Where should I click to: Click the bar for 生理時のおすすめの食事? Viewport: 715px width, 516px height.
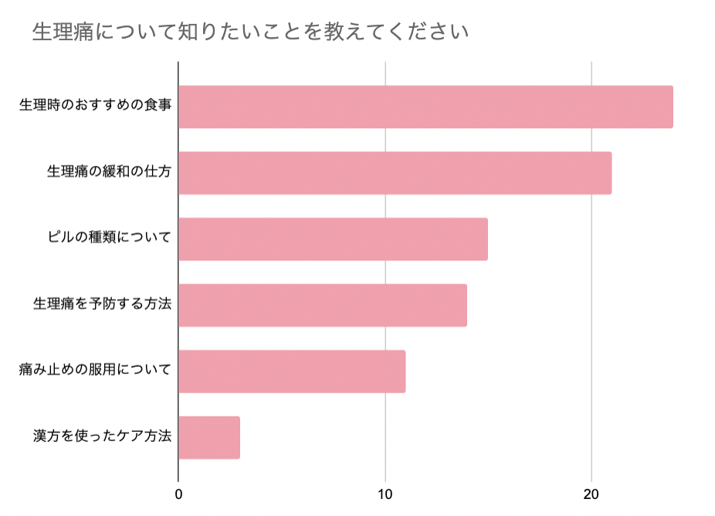click(x=425, y=107)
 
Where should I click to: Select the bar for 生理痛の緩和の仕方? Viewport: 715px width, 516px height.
click(x=395, y=173)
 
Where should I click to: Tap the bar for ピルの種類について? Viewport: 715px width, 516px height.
click(x=333, y=239)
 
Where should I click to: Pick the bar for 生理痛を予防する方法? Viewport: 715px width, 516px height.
click(x=323, y=305)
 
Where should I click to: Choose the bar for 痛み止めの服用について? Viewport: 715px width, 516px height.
click(x=292, y=372)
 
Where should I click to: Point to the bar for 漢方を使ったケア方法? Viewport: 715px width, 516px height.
click(x=209, y=438)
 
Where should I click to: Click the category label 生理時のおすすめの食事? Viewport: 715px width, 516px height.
click(x=95, y=106)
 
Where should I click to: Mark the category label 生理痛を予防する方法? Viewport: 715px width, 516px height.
click(x=102, y=304)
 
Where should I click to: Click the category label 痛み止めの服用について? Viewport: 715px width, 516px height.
click(x=95, y=371)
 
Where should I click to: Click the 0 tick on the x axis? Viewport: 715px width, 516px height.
click(x=178, y=494)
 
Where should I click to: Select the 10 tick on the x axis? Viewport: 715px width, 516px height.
click(x=385, y=494)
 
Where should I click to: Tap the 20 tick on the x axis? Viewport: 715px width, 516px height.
click(x=591, y=494)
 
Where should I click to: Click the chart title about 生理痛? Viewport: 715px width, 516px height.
click(x=251, y=32)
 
